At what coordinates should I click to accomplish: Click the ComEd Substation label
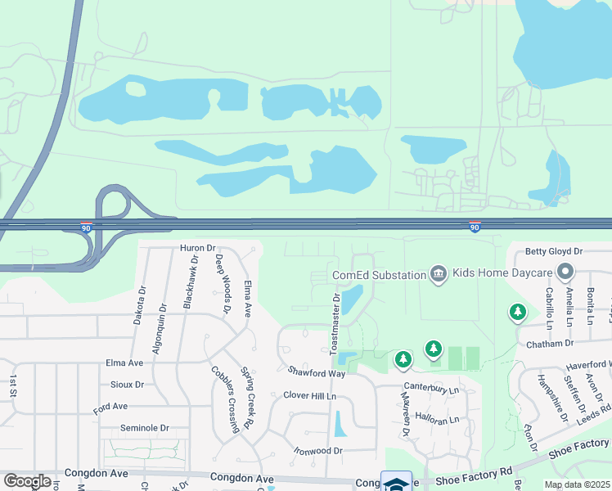378,275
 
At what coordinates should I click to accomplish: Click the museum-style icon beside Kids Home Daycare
439,274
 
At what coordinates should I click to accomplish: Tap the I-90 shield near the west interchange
87,228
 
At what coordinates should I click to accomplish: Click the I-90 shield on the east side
475,227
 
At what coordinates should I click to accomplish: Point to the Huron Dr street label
197,248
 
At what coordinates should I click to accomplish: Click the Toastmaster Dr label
335,323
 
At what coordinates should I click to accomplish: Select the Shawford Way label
317,373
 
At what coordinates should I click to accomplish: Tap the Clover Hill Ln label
310,396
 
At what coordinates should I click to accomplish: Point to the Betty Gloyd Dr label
553,251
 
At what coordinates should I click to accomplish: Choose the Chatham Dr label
547,345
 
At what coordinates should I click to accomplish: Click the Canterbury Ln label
430,390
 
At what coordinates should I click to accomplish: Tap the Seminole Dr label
144,428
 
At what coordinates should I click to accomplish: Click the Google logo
27,481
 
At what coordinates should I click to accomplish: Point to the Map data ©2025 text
576,484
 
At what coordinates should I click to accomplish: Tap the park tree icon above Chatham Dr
517,312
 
